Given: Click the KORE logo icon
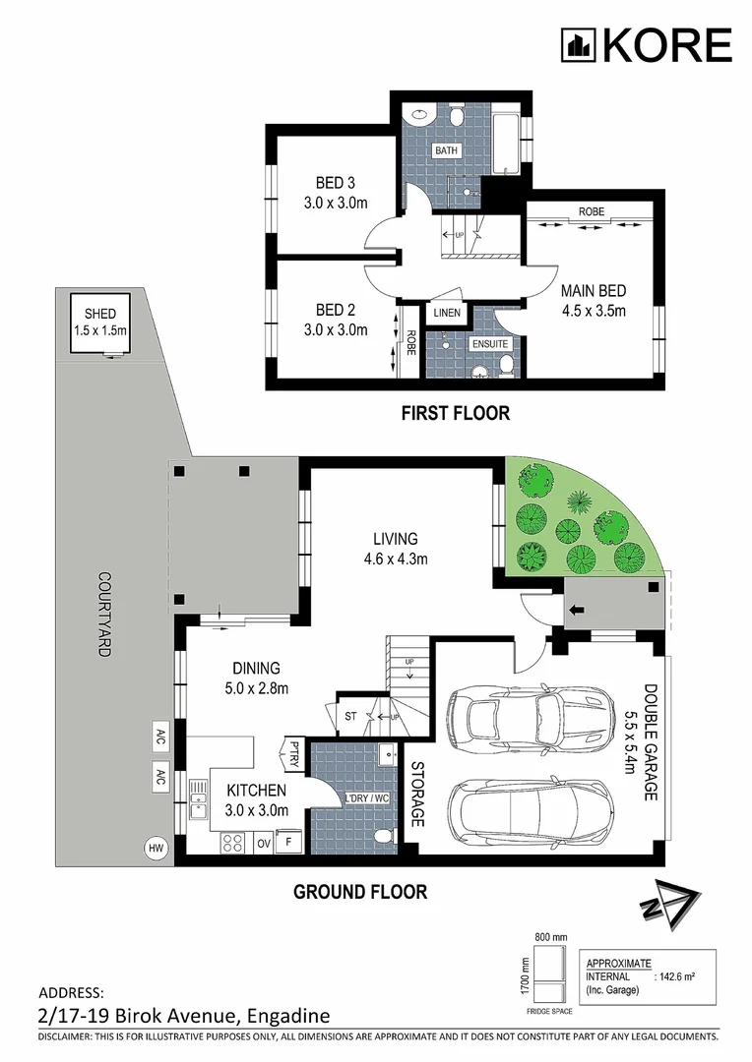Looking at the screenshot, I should [x=578, y=45].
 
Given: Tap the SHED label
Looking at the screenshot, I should [x=101, y=316].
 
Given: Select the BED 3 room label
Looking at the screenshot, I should [x=335, y=183].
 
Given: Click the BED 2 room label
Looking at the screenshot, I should [x=335, y=309].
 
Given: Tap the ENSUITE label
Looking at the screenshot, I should [x=490, y=344].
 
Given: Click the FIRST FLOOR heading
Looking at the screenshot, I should [x=455, y=413].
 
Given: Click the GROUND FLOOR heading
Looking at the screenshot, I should [x=360, y=892].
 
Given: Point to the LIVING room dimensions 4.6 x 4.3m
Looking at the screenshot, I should [x=395, y=560].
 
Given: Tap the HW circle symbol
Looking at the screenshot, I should [x=156, y=847].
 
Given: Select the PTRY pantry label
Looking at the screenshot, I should [x=294, y=753].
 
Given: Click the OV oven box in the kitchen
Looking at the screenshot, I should [x=264, y=843].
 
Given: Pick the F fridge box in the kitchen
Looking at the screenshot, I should [x=289, y=843].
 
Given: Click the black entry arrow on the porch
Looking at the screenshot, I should [x=577, y=611].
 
